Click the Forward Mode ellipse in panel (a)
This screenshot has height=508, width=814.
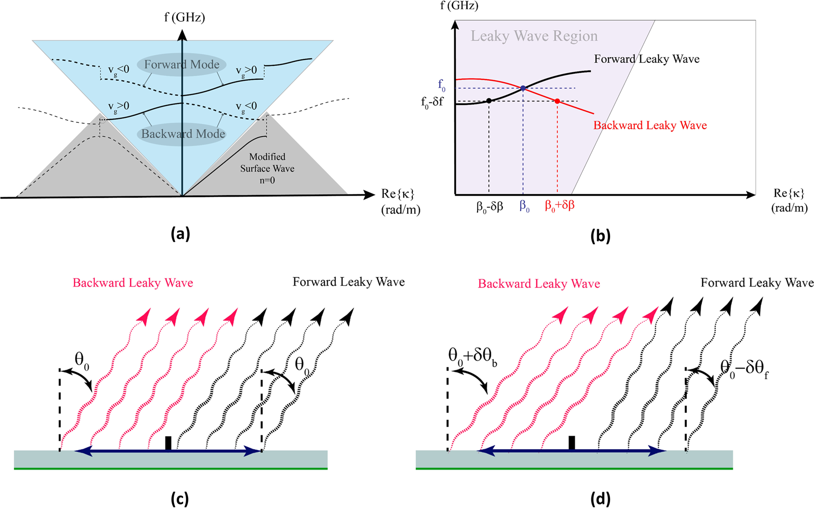[x=182, y=65]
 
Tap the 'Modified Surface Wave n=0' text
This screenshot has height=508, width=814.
[x=267, y=168]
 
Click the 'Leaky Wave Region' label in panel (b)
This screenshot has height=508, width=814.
[x=534, y=36]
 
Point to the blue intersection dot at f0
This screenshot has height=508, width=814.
[x=523, y=88]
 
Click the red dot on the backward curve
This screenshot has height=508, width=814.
[x=557, y=101]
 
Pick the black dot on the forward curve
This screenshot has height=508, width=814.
[x=489, y=101]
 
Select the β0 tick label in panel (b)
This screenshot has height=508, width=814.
[x=524, y=206]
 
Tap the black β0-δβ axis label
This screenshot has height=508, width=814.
[x=489, y=206]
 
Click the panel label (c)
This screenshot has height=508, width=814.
[x=179, y=498]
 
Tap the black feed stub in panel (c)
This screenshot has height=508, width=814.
[x=168, y=443]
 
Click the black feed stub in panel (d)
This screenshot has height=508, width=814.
[x=572, y=443]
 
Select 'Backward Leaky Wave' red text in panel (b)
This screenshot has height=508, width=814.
[x=650, y=126]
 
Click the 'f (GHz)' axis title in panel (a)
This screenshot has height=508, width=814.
[x=185, y=18]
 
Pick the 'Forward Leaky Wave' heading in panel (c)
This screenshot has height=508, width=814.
[x=348, y=282]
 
